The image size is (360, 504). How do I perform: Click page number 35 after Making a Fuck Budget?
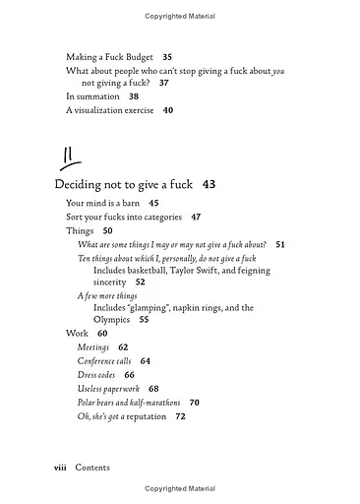click(167, 57)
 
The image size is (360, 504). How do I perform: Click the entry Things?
click(80, 230)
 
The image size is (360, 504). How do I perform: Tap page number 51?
click(280, 243)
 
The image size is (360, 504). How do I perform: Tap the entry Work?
click(77, 334)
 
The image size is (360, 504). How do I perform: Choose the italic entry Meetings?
click(93, 347)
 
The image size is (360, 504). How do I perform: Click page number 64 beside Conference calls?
click(146, 361)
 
